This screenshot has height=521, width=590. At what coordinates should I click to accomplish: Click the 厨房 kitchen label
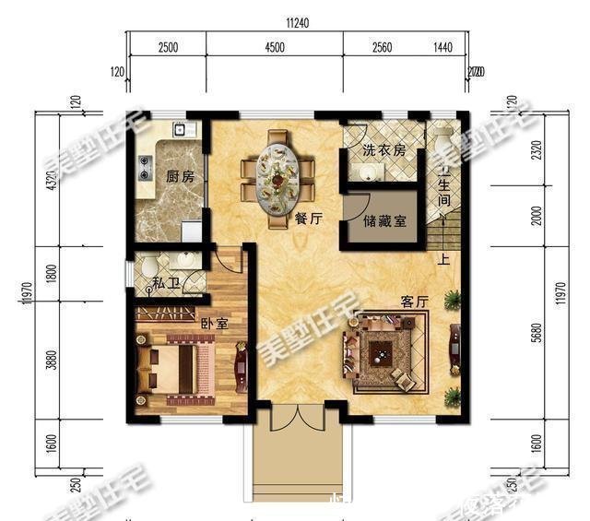click(x=179, y=176)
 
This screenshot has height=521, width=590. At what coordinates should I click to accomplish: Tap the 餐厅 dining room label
click(x=308, y=220)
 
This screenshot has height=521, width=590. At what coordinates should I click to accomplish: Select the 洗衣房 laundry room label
click(x=383, y=149)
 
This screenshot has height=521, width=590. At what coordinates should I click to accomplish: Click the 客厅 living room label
click(x=416, y=302)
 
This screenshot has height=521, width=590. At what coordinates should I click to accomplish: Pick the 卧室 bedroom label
click(x=213, y=324)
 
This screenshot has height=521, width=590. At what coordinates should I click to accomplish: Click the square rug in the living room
click(x=385, y=351)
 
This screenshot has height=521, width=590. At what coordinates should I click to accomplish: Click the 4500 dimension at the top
click(x=274, y=48)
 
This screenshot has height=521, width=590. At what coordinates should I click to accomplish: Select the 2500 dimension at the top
click(x=168, y=48)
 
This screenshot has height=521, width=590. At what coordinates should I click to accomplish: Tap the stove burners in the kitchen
click(x=145, y=168)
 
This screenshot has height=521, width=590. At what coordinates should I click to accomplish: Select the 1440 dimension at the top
click(x=442, y=48)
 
